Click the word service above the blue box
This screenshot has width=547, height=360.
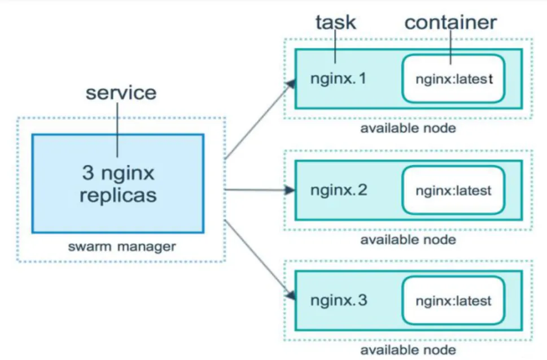pos(121,93)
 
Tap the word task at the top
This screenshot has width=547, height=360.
pos(336,23)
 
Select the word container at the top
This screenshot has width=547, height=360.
pos(450,23)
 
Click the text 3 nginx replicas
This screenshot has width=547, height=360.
pos(118,183)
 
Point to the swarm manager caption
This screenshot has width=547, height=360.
pos(122,247)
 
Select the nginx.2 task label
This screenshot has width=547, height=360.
pos(339,191)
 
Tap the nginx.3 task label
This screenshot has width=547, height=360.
pos(339,300)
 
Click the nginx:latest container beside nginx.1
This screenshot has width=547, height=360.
pos(453,79)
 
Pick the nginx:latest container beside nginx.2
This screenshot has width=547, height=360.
pos(453,190)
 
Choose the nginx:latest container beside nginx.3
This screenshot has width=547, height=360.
pos(453,300)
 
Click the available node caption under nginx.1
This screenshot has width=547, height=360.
pos(408,129)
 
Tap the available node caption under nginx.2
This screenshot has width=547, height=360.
pos(408,240)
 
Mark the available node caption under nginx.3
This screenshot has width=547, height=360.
pos(408,350)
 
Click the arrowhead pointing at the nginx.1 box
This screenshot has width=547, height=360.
pos(291,84)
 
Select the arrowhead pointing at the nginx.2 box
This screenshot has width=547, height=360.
pos(290,190)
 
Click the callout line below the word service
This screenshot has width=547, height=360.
pos(117,130)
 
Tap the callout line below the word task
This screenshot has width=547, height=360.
pos(335,47)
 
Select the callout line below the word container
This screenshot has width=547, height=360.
pos(450,47)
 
